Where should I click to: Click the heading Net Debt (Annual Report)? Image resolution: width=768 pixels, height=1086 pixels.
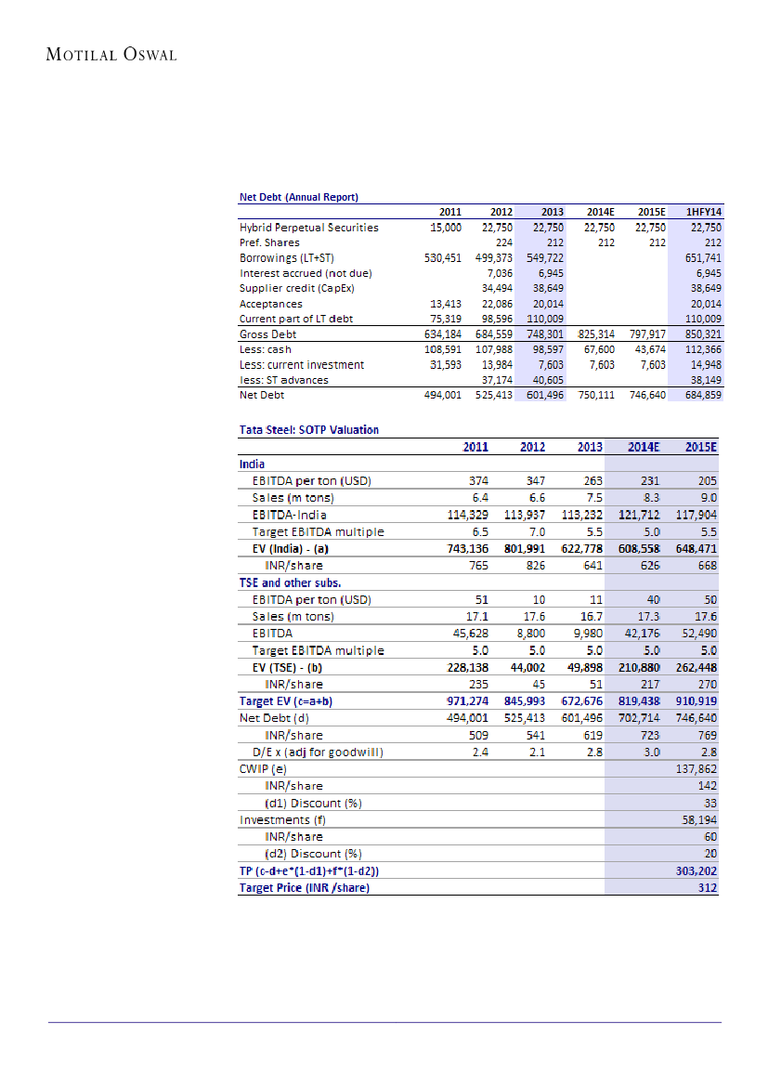pos(299,197)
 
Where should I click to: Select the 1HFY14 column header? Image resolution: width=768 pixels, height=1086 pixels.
pos(703,213)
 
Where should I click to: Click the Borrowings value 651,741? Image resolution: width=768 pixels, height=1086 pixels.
pos(702,257)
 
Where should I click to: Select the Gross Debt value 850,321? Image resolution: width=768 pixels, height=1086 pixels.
pos(702,334)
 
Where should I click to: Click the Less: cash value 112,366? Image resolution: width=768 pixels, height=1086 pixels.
pos(702,349)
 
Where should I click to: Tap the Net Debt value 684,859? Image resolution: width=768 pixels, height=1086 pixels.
pos(702,395)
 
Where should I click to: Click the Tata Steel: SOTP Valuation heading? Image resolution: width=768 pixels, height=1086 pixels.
pos(309,429)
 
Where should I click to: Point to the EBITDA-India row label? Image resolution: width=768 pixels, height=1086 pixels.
pos(289,515)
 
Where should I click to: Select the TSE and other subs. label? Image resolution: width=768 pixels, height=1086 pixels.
pos(290,582)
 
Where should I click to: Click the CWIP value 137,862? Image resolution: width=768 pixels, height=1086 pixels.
pos(699,769)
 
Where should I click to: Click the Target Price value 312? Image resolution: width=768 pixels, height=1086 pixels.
pos(708,888)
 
